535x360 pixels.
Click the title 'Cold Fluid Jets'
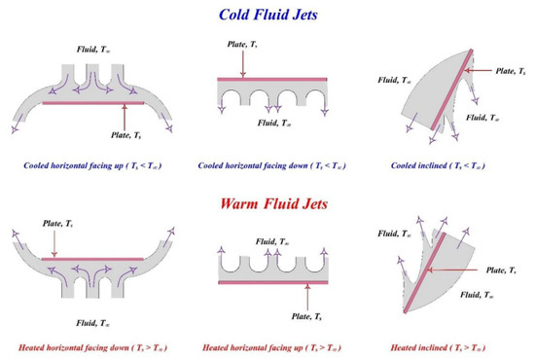pyautogui.click(x=267, y=16)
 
